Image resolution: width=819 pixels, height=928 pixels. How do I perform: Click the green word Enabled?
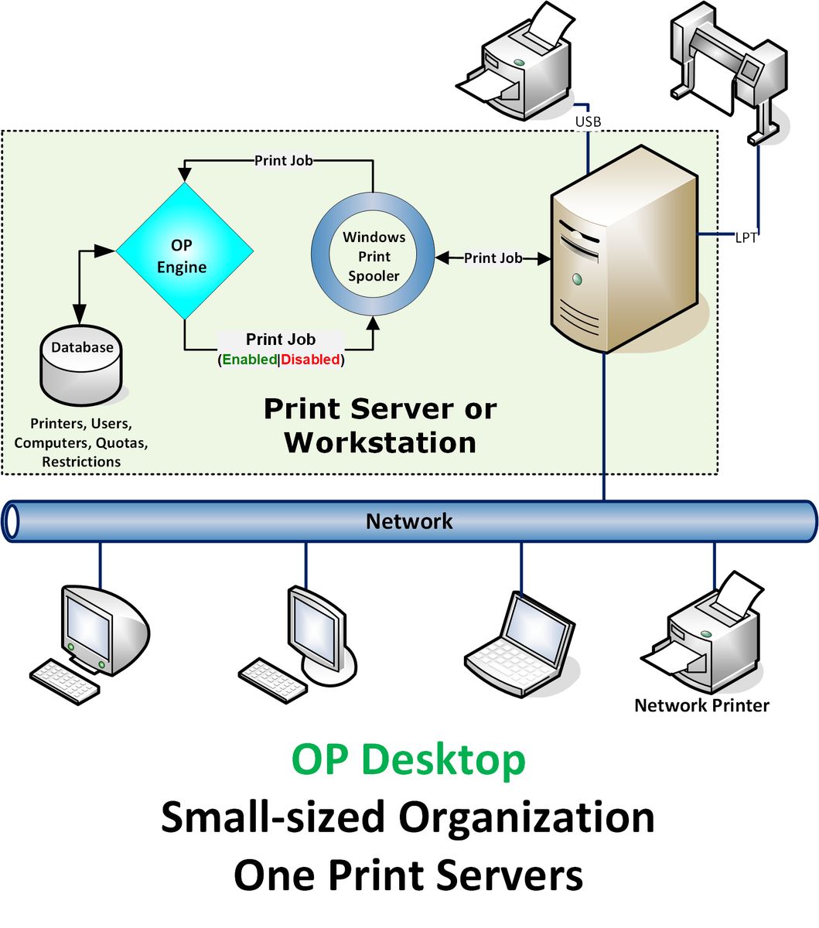click(249, 360)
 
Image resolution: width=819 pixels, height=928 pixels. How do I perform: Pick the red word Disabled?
click(310, 360)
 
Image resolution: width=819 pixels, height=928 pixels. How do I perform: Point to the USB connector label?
click(588, 122)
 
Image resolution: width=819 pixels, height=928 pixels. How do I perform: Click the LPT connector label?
click(746, 238)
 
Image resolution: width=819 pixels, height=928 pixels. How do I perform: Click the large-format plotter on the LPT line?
click(727, 70)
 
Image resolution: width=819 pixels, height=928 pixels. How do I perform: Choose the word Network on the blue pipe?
click(408, 521)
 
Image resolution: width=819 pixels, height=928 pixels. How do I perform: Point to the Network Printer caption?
click(701, 705)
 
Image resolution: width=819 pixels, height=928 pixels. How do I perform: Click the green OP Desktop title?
click(408, 759)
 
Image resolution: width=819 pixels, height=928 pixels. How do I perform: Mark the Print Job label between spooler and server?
click(493, 258)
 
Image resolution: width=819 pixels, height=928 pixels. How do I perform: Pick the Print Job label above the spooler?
click(284, 161)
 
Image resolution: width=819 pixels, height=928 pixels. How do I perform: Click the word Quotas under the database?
click(121, 443)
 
